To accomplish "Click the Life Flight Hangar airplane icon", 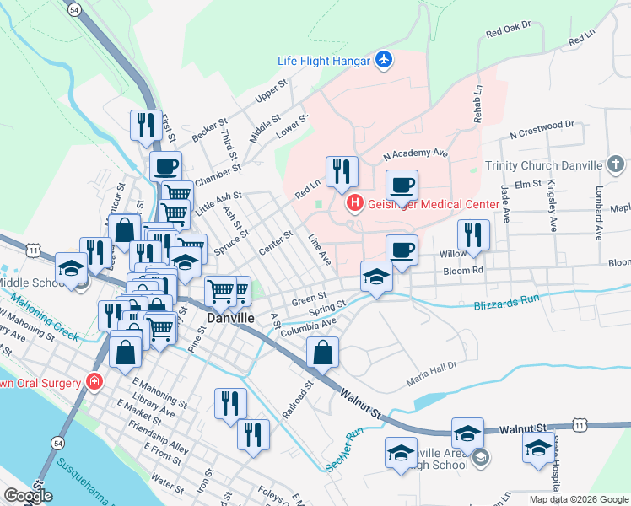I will pyautogui.click(x=385, y=59).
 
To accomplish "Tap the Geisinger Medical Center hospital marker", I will pyautogui.click(x=355, y=203).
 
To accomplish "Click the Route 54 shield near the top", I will pyautogui.click(x=76, y=9).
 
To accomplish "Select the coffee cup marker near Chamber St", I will pyautogui.click(x=165, y=165).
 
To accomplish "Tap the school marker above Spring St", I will pyautogui.click(x=376, y=276).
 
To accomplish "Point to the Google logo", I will pyautogui.click(x=29, y=496).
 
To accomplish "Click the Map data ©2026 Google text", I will pyautogui.click(x=579, y=499).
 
